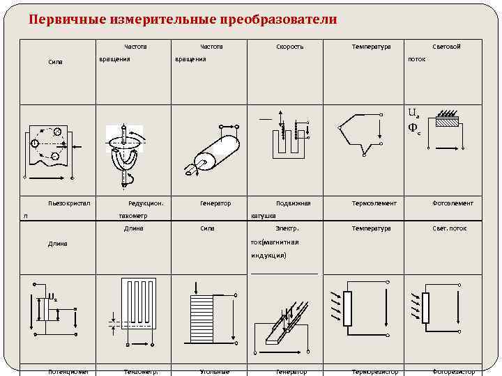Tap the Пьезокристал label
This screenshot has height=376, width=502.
pyautogui.click(x=70, y=203)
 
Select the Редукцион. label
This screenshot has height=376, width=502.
pyautogui.click(x=146, y=203)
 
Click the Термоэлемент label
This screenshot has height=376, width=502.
pyautogui.click(x=374, y=203)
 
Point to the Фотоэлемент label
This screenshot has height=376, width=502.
pyautogui.click(x=452, y=203)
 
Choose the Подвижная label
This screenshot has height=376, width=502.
pyautogui.click(x=294, y=203)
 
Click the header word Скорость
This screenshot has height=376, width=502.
pyautogui.click(x=290, y=47)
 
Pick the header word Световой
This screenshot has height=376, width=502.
pyautogui.click(x=446, y=47)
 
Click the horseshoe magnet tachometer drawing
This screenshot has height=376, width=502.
pyautogui.click(x=123, y=157)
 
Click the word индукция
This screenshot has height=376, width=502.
pyautogui.click(x=268, y=256)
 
